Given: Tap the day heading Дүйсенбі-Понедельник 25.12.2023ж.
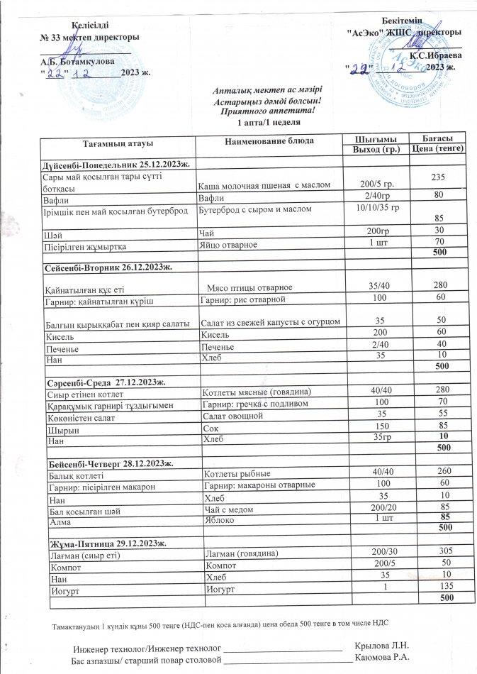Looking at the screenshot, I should point(113,165).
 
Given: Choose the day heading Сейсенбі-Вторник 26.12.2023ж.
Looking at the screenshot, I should point(106,267).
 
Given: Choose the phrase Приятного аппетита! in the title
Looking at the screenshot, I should point(267,111).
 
